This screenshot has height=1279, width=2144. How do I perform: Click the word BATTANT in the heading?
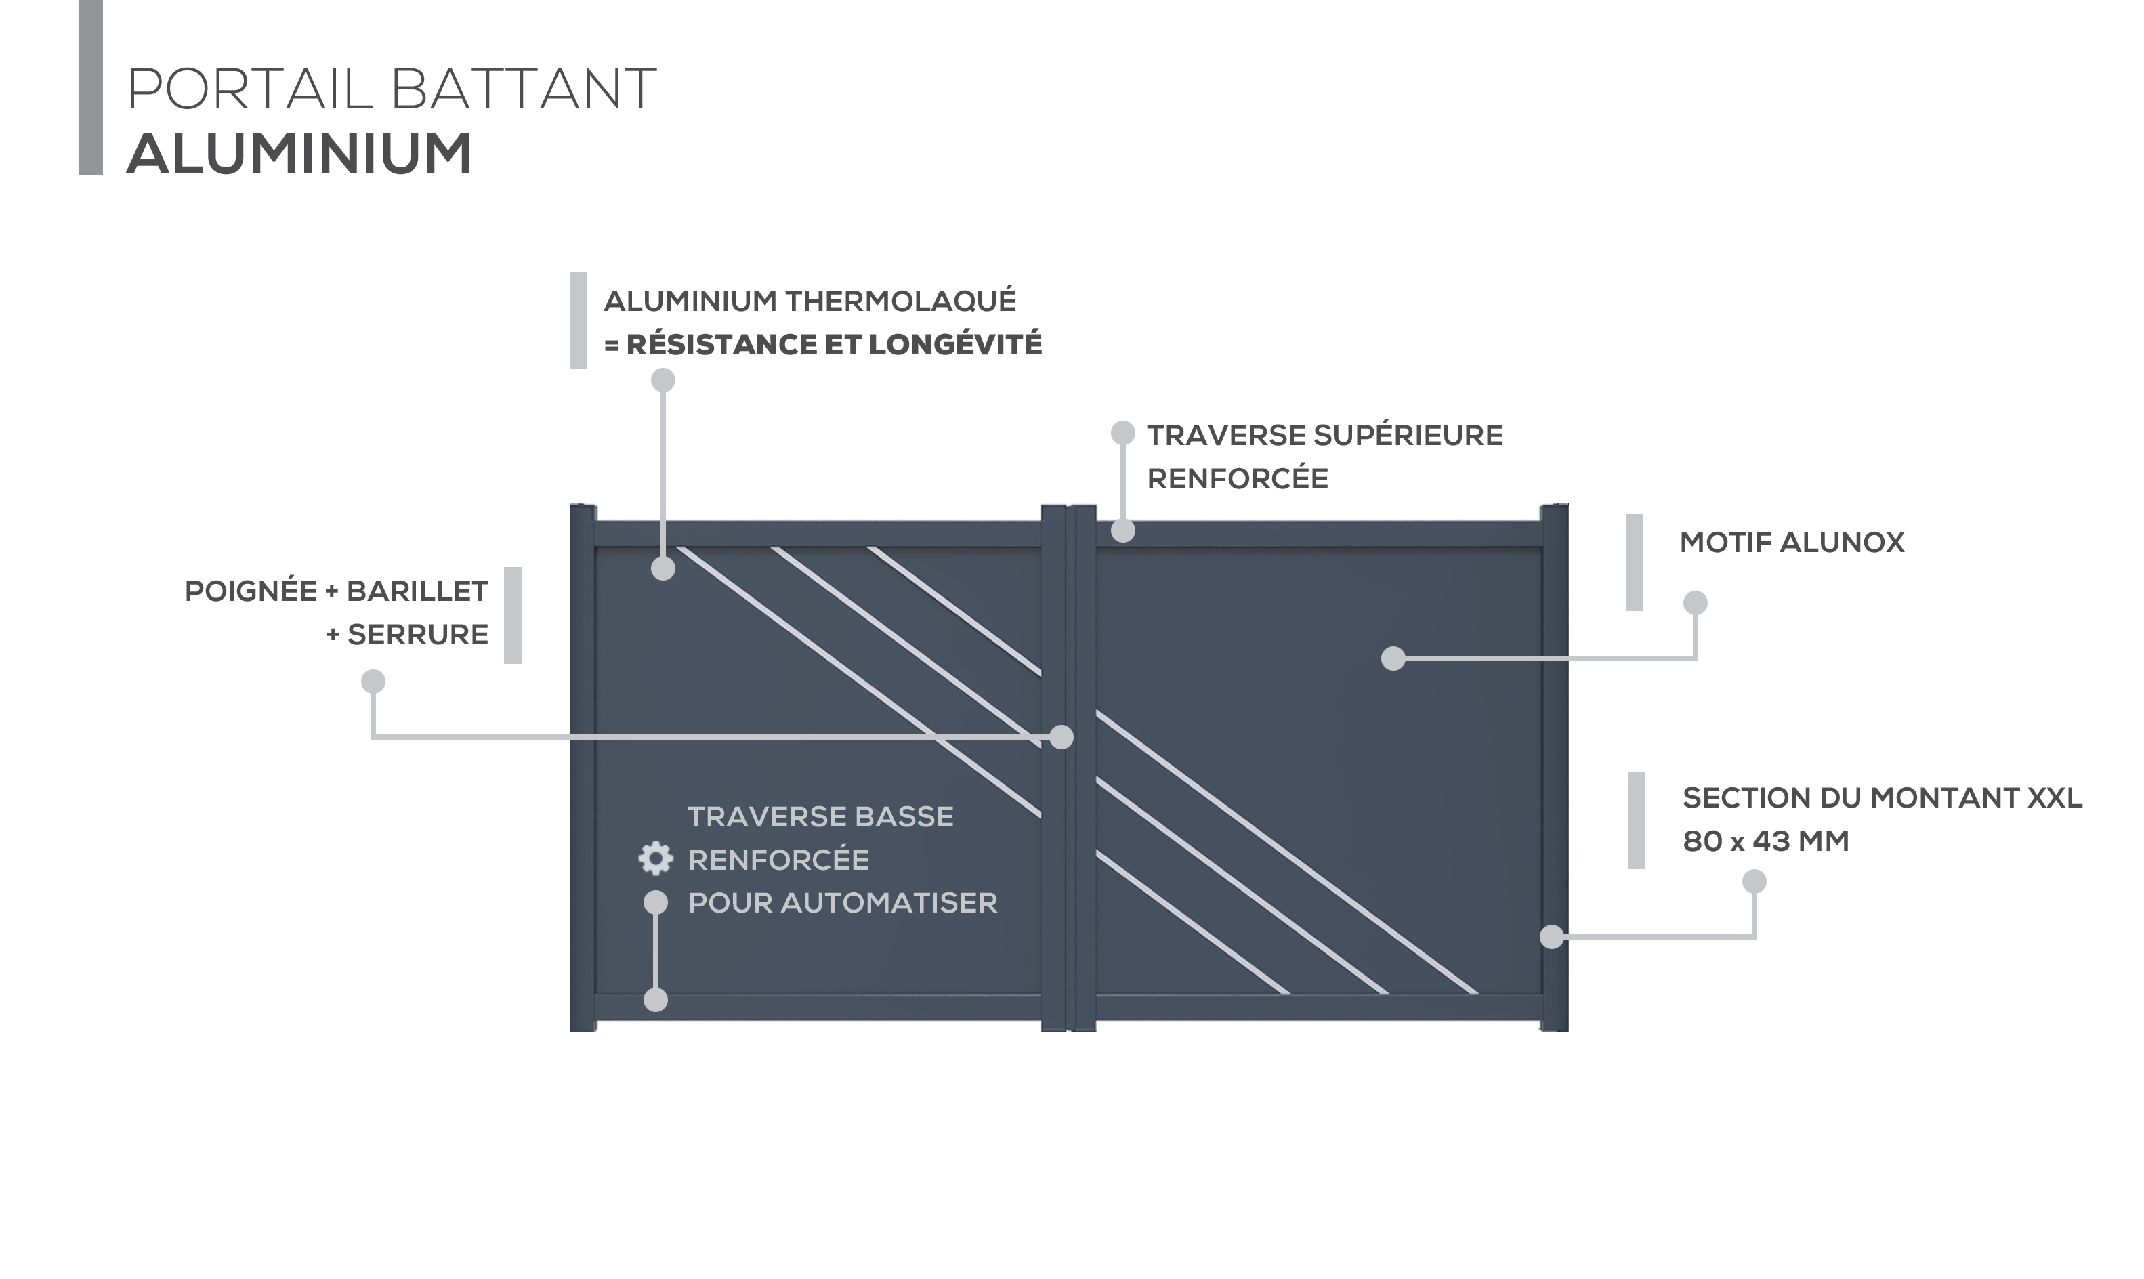point(523,89)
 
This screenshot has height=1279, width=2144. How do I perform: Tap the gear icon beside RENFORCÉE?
point(655,858)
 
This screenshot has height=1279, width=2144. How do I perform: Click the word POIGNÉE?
point(251,591)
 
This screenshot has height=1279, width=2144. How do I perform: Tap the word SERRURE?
point(418,634)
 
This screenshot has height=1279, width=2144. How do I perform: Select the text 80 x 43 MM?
point(1766,841)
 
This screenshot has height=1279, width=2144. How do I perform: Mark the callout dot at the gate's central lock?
point(1062,737)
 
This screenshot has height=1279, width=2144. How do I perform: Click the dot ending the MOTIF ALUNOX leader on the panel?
point(1393,658)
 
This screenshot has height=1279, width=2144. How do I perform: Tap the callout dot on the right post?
point(1551,936)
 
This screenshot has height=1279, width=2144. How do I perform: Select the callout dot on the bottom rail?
point(656,1000)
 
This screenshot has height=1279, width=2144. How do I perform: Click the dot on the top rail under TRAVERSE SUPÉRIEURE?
point(1123,531)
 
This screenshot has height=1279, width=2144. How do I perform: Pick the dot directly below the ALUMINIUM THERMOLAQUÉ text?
point(663,380)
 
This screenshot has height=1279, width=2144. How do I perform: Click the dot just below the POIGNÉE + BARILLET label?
point(373,682)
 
